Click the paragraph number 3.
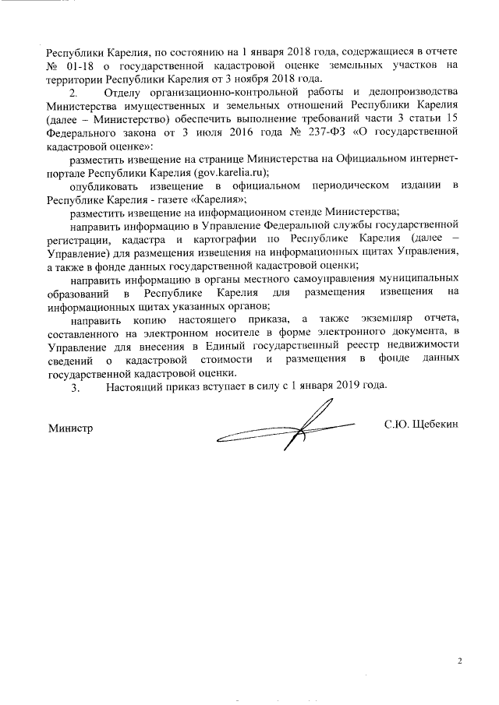coord(75,386)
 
